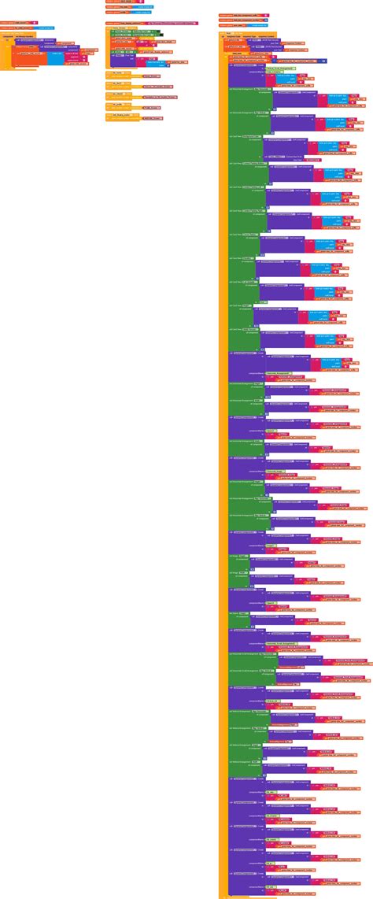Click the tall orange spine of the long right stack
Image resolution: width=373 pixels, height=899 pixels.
coord(223,472)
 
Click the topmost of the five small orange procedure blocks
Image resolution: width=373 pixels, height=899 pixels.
coord(114,73)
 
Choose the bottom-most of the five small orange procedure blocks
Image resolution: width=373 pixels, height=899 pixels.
coord(114,116)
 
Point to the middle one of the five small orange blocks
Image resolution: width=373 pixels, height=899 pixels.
coord(114,94)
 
